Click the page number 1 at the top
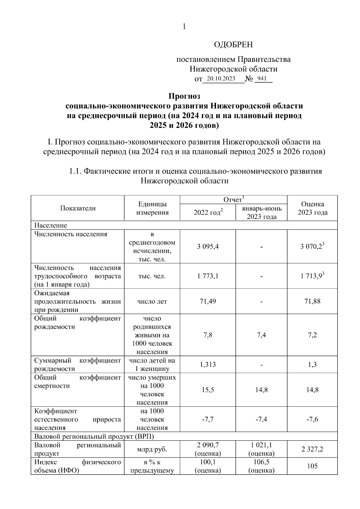[184, 27]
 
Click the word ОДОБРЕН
[233, 45]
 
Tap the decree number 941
[262, 79]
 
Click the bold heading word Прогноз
[184, 96]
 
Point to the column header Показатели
[78, 208]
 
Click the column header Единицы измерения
[152, 208]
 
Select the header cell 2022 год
[208, 212]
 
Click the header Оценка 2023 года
[312, 208]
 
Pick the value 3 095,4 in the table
[208, 247]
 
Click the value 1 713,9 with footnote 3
[312, 276]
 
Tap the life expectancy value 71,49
[208, 301]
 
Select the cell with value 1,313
[208, 364]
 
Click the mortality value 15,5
[208, 390]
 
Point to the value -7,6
[312, 419]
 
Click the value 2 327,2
[312, 449]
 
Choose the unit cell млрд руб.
[152, 449]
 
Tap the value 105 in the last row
[312, 466]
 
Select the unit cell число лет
[152, 301]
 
